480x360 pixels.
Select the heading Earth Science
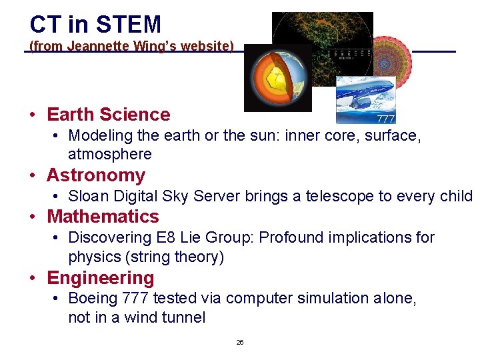click(109, 115)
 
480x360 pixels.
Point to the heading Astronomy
click(95, 175)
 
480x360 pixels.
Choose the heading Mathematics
click(103, 217)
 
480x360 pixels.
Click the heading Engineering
click(100, 277)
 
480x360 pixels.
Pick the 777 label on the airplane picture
click(385, 119)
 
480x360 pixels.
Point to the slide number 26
click(240, 342)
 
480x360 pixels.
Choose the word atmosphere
click(110, 155)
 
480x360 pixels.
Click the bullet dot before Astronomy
click(32, 176)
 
